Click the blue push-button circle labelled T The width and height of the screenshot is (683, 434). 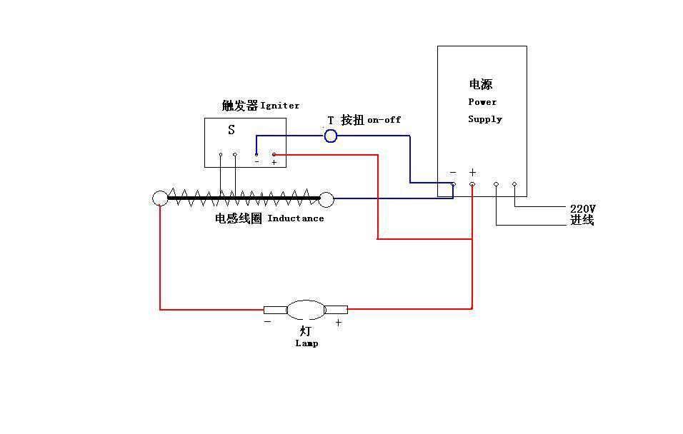click(330, 136)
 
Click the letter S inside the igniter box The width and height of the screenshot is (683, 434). click(231, 130)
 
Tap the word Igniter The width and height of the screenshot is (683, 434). click(280, 106)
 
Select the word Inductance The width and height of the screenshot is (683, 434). click(296, 218)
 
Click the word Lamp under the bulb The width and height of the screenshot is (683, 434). click(306, 343)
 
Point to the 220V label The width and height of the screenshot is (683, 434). click(582, 208)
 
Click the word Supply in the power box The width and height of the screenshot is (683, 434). click(485, 119)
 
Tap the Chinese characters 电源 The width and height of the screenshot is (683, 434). click(481, 85)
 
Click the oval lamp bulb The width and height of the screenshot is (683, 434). click(306, 310)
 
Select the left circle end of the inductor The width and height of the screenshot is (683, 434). click(160, 198)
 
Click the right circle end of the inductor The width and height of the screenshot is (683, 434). click(326, 198)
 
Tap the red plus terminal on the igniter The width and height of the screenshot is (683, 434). click(274, 154)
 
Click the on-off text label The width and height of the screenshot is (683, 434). click(384, 120)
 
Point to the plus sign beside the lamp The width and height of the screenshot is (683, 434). click(339, 323)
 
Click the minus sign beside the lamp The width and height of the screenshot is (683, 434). click(267, 322)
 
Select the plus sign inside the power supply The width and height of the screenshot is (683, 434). click(472, 173)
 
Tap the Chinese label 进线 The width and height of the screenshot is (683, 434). click(582, 221)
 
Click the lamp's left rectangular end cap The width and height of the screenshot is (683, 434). click(275, 310)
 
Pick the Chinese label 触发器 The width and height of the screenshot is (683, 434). click(239, 106)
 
